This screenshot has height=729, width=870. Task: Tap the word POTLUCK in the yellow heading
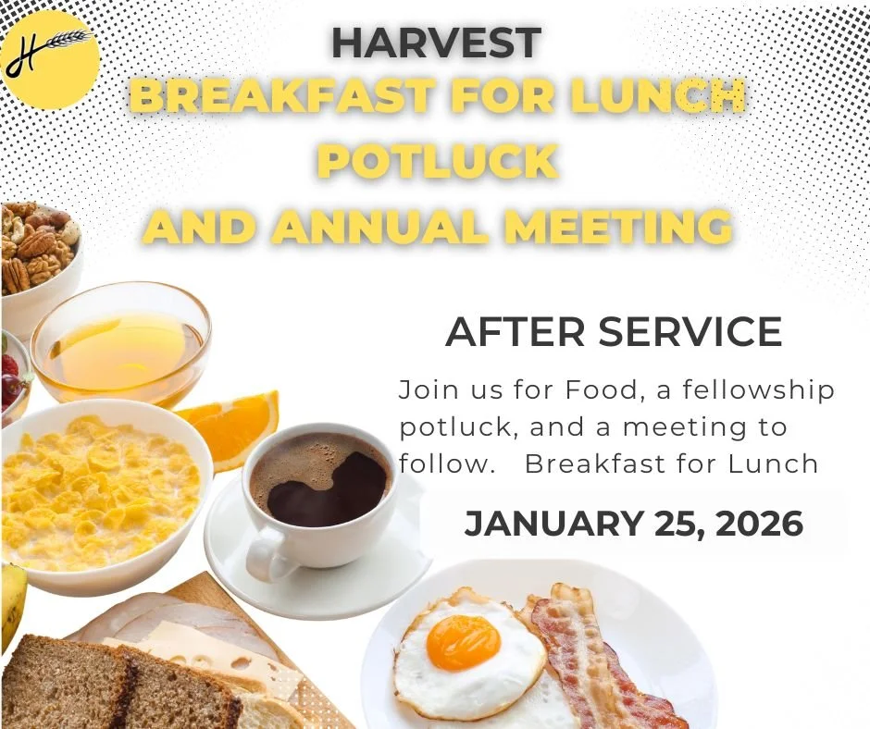438,161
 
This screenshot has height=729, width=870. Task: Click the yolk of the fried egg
463,641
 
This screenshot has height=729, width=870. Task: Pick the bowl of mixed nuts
37,245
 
